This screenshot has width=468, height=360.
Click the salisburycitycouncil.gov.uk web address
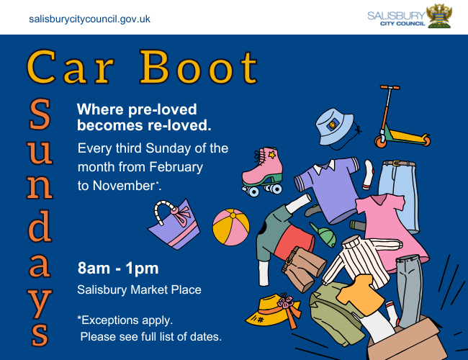tap(89, 19)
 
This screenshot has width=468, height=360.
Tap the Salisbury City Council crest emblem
tap(439, 16)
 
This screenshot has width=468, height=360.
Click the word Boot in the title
tap(199, 67)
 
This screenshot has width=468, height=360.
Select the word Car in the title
tap(71, 67)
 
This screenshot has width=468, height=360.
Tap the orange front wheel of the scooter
tap(381, 142)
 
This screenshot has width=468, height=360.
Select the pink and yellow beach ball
tap(230, 227)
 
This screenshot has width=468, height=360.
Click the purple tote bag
tap(175, 225)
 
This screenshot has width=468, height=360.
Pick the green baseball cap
tap(324, 235)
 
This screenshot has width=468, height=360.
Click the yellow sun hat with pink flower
tap(274, 310)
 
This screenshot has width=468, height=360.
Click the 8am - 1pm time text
tap(118, 268)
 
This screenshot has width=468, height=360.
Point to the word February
tap(176, 167)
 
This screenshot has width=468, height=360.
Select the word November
tap(124, 186)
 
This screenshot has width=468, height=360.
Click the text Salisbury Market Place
tap(139, 290)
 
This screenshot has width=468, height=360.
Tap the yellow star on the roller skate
tap(271, 155)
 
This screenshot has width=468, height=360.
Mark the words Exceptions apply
tap(127, 320)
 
